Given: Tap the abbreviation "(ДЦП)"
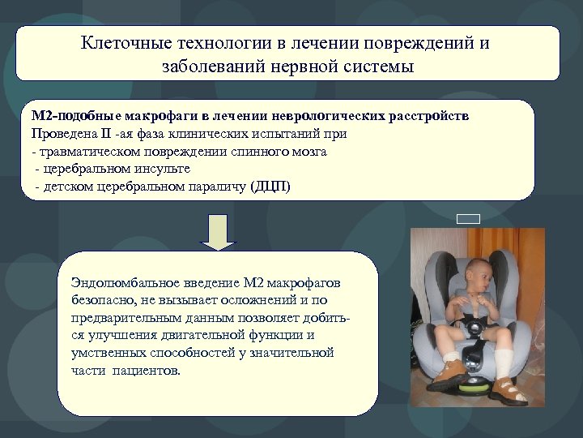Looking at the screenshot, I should [x=274, y=187].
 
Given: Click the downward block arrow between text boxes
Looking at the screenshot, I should [x=217, y=231].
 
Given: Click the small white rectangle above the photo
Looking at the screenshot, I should [x=468, y=217].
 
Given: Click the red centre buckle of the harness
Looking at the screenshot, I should [x=479, y=332].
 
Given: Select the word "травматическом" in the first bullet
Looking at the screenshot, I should [x=85, y=152].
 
